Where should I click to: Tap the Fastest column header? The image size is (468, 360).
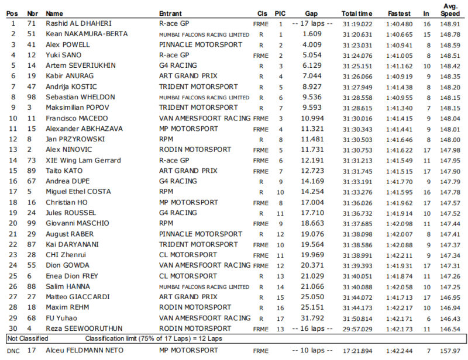[399, 13]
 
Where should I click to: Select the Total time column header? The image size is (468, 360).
[357, 13]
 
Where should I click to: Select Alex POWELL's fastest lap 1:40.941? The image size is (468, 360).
[399, 45]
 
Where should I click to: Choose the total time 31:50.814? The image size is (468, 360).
[357, 318]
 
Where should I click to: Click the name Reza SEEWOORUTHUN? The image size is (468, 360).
[84, 328]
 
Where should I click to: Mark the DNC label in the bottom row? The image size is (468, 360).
[13, 351]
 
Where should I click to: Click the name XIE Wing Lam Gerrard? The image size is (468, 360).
[83, 160]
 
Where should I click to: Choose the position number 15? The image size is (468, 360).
[13, 171]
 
